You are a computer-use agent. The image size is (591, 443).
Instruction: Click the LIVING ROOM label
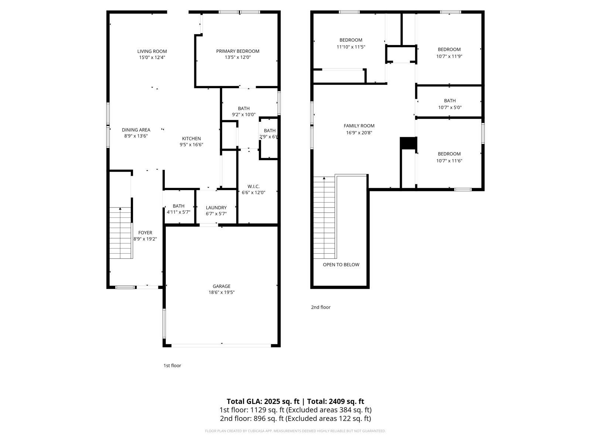[152, 51]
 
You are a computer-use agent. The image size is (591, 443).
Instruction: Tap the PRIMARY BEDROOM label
[238, 51]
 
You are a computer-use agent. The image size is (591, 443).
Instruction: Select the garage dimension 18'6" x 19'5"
[221, 292]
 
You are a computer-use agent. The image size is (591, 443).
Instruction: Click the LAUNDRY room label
[216, 207]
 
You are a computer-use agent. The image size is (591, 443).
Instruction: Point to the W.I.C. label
[253, 186]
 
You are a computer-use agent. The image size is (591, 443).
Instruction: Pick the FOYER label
[145, 233]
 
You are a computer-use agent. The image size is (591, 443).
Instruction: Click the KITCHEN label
[191, 138]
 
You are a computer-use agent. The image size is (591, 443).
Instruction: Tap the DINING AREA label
[136, 130]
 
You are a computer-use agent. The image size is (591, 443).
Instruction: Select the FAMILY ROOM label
[359, 126]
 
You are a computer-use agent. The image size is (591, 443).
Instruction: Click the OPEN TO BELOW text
[341, 264]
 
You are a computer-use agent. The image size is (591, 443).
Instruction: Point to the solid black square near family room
[409, 143]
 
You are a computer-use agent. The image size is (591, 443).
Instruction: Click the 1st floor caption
[172, 365]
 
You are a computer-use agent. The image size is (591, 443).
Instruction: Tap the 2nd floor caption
[321, 307]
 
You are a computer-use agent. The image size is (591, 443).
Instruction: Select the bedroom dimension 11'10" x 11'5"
[351, 47]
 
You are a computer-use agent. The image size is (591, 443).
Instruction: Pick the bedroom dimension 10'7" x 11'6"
[449, 161]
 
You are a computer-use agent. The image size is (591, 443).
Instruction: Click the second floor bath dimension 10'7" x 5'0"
[450, 107]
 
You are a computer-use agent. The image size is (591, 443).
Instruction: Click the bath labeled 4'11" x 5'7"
[178, 209]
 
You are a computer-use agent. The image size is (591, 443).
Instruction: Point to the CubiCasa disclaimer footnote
[295, 431]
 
